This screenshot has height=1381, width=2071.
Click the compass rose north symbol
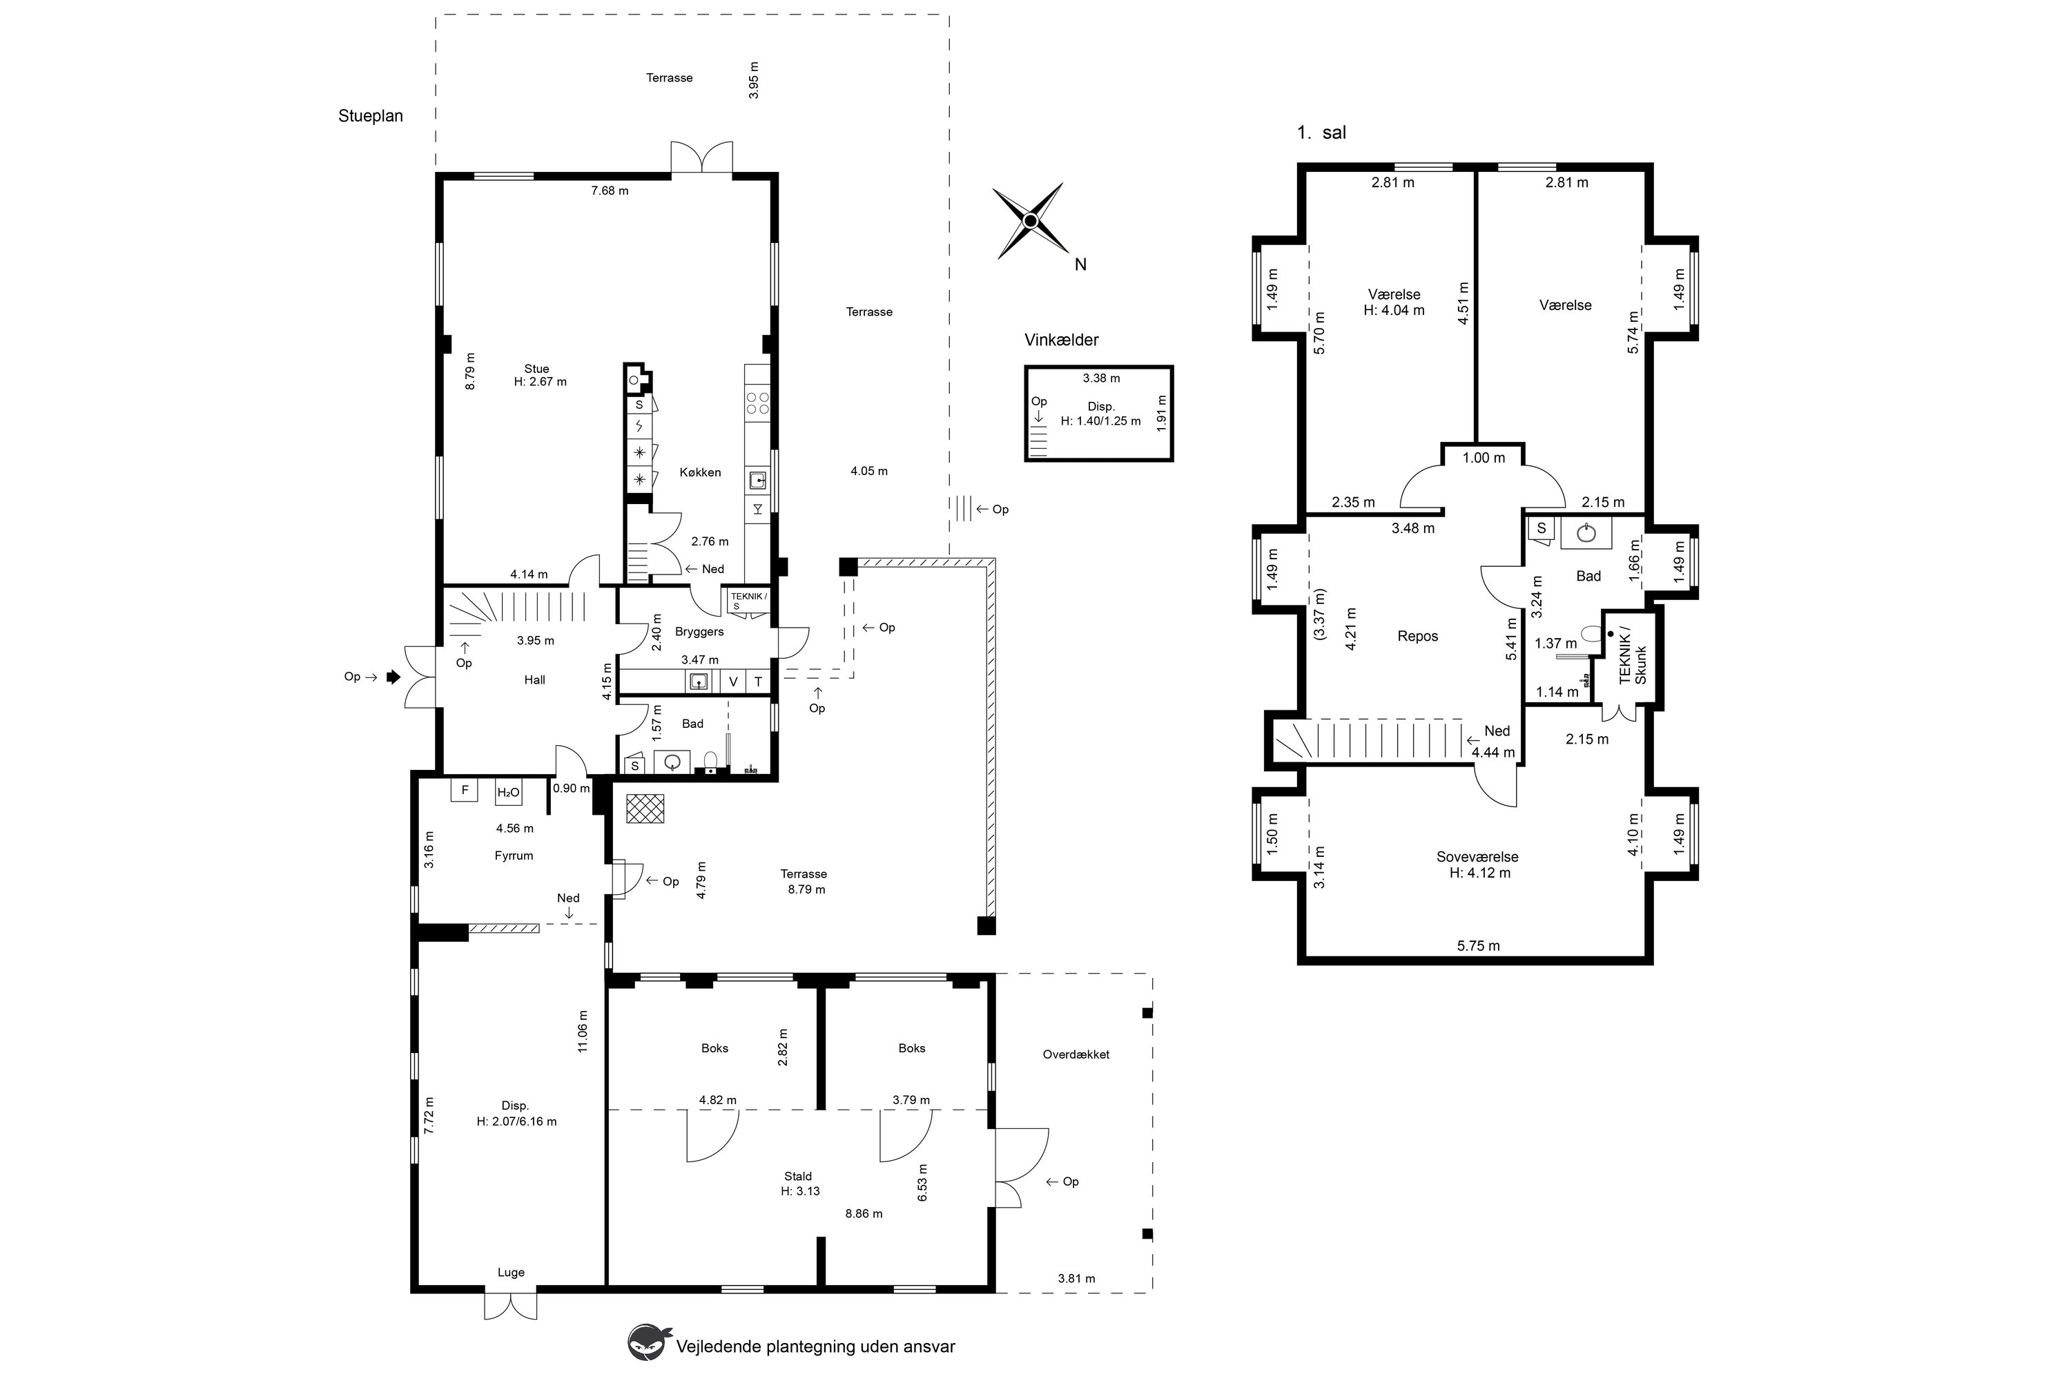coord(1029,221)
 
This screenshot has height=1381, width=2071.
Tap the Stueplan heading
coord(371,116)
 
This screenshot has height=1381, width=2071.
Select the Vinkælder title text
coord(1061,340)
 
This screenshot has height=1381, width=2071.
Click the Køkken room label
coord(700,472)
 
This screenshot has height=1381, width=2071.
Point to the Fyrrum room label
coord(514,856)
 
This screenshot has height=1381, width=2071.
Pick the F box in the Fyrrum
coord(464,790)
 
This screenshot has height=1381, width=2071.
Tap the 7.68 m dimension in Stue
coord(610,191)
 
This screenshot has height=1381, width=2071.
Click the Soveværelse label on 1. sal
coord(1477,857)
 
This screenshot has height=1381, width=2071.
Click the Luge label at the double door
coord(511,1272)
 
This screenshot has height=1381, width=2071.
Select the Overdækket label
coord(1076,1054)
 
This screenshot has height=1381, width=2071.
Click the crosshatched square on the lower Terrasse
coord(645,809)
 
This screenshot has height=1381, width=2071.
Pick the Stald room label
coord(798,1176)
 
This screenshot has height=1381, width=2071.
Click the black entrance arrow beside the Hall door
coord(393,677)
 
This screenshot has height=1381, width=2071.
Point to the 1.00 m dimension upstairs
coord(1484,458)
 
